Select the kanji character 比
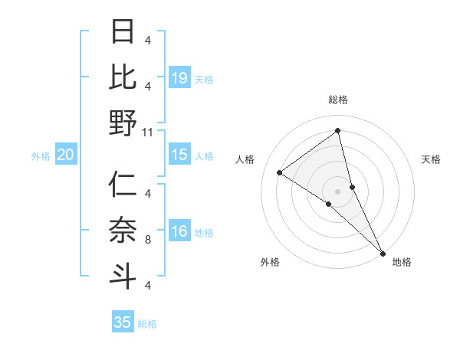[x=123, y=77]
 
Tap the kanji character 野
[x=123, y=123]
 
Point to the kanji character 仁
[x=123, y=185]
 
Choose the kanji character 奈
[x=123, y=229]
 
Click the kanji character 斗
[x=123, y=273]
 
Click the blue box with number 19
[x=179, y=78]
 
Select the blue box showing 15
[x=179, y=155]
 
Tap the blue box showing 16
[x=179, y=232]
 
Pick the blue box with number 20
[x=66, y=155]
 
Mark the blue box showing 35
[x=123, y=322]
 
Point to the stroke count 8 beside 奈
[x=148, y=239]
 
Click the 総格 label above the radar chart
[x=338, y=100]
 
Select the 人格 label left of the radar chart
[x=245, y=159]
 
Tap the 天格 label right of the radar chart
[x=431, y=159]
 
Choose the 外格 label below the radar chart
[x=270, y=262]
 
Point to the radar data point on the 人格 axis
[x=280, y=172]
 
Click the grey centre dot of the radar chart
[x=337, y=191]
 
